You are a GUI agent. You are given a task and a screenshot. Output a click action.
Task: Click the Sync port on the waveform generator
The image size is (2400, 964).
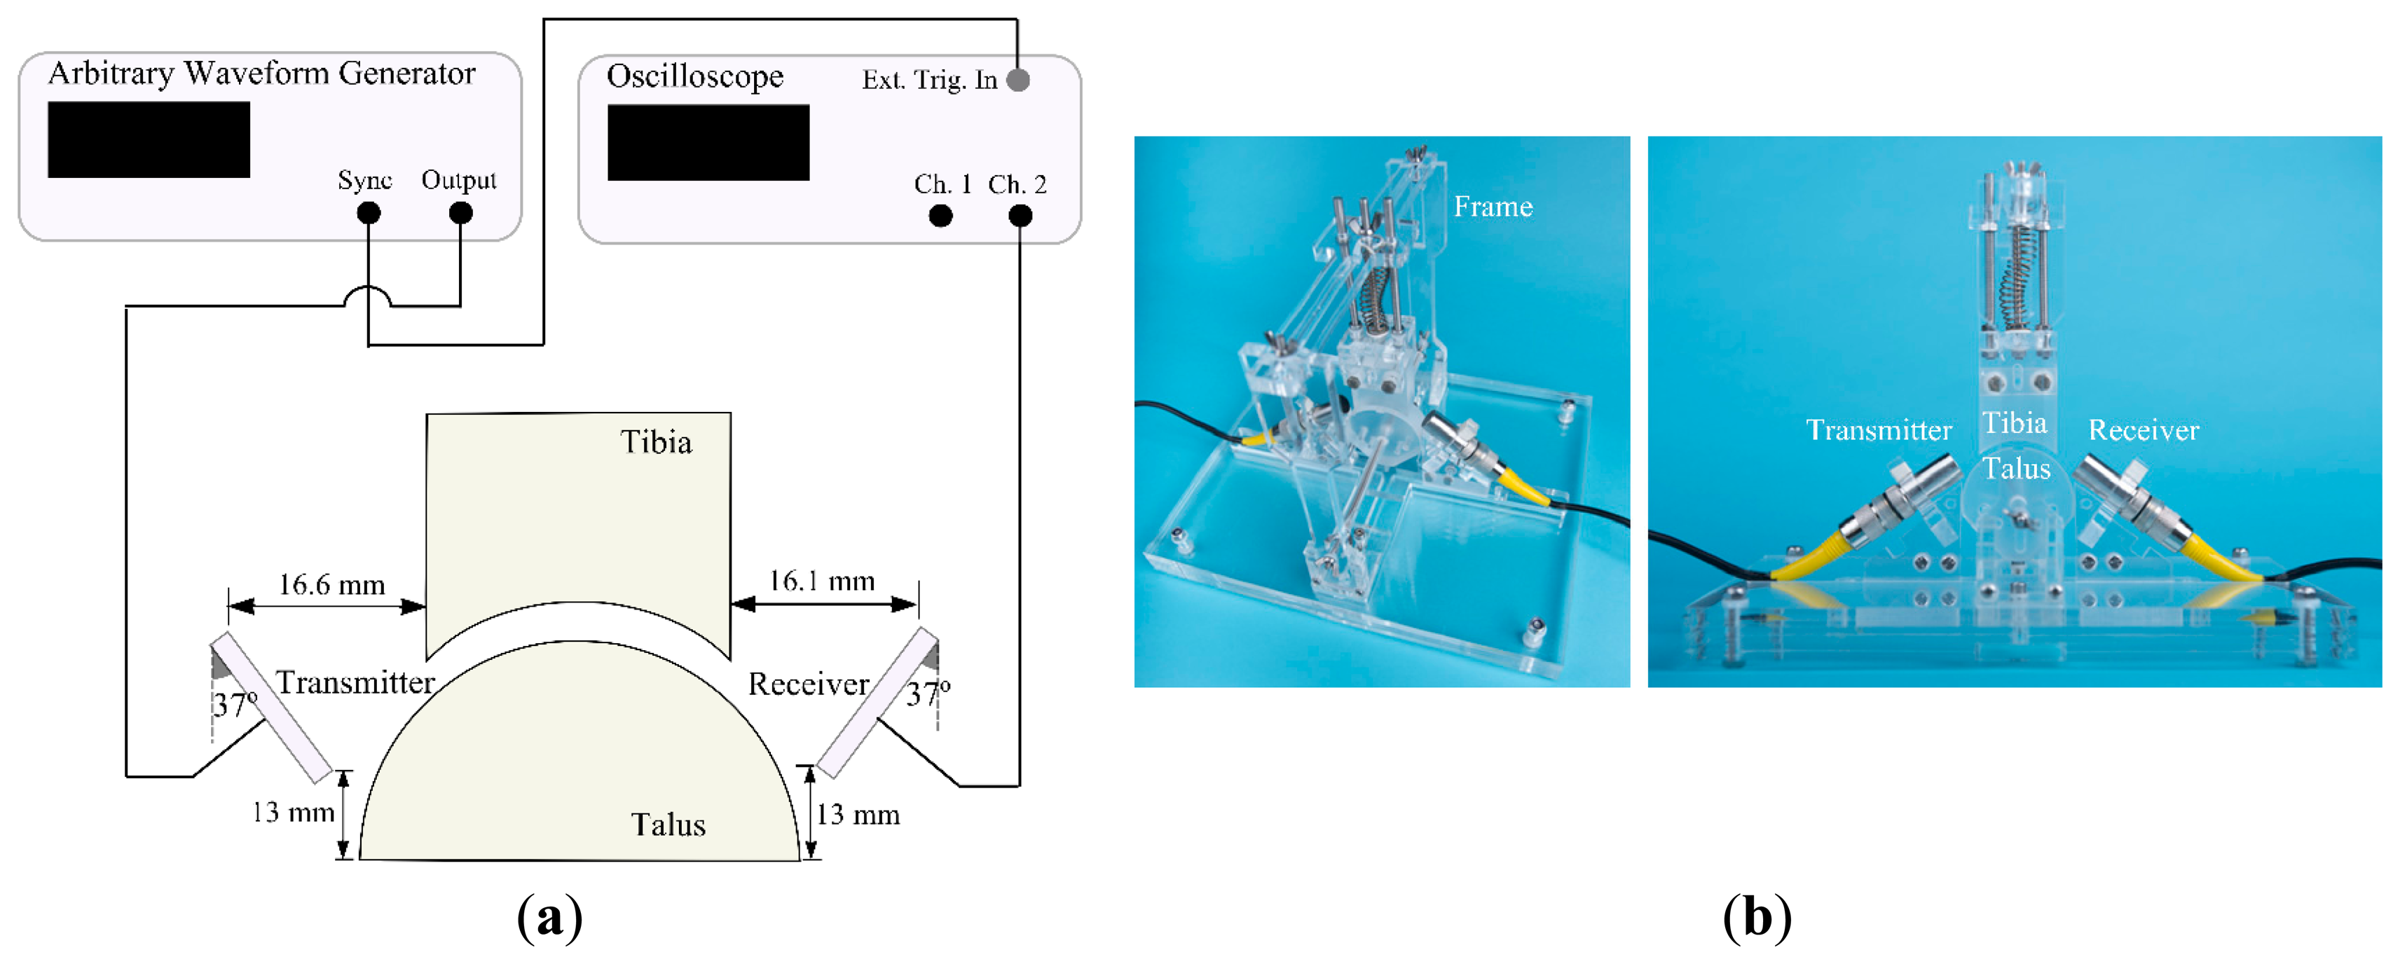click(x=369, y=213)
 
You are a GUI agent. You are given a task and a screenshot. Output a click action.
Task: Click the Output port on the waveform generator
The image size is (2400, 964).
click(x=460, y=213)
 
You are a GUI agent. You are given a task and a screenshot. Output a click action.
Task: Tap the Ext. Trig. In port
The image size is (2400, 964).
click(x=1018, y=80)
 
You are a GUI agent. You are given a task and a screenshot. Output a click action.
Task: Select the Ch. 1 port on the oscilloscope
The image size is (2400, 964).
click(x=941, y=216)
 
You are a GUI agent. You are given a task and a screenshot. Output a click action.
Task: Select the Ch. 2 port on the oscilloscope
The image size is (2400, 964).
click(x=1020, y=216)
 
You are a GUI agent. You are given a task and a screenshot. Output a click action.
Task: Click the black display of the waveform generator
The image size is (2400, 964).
click(x=149, y=139)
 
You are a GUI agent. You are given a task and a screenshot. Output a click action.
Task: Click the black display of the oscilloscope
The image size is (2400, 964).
click(x=708, y=142)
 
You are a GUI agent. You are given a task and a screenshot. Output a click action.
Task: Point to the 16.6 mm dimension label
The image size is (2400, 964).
click(x=331, y=585)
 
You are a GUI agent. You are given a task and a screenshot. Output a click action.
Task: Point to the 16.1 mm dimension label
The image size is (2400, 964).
click(x=822, y=581)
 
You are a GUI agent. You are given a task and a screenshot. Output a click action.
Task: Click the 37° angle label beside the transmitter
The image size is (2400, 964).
click(x=235, y=704)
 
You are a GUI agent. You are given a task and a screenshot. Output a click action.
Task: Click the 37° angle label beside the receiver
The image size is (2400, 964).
click(x=928, y=693)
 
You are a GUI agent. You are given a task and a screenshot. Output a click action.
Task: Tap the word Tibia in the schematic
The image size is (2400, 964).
click(x=656, y=442)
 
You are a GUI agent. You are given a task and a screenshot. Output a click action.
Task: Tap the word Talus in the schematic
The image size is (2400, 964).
click(x=668, y=825)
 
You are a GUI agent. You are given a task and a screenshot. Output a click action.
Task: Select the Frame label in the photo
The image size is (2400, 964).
click(x=1493, y=207)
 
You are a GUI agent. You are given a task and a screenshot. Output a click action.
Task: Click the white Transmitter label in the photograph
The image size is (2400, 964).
click(x=1878, y=430)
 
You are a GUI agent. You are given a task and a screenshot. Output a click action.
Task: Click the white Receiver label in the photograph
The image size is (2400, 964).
click(x=2143, y=430)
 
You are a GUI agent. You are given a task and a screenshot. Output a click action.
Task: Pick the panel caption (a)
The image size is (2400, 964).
click(x=549, y=918)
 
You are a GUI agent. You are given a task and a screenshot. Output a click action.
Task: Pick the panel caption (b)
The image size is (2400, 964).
click(x=1756, y=918)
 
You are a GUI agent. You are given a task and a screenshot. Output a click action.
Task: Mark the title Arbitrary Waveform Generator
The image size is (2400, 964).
click(x=262, y=74)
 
